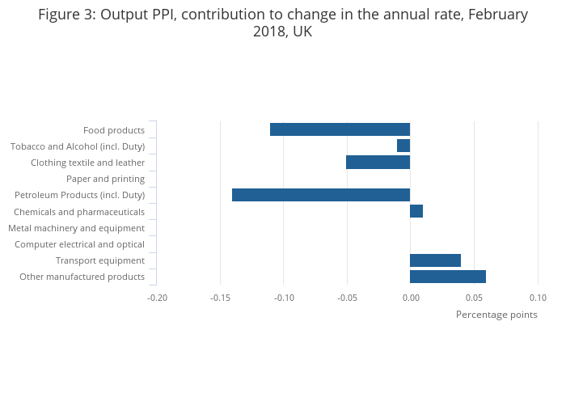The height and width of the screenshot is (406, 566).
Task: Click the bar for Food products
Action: (340, 129)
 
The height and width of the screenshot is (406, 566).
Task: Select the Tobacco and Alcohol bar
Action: (403, 146)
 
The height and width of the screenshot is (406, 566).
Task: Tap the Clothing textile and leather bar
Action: (378, 162)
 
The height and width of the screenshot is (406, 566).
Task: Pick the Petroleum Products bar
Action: (321, 195)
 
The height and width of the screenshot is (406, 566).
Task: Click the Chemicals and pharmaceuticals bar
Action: (416, 211)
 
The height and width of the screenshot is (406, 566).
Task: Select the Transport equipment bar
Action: (435, 260)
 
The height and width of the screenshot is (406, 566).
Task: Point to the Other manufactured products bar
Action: (448, 277)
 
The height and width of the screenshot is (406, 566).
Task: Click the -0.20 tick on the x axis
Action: (157, 298)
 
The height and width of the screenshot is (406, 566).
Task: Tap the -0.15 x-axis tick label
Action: (221, 298)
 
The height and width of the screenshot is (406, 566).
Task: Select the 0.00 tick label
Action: (411, 298)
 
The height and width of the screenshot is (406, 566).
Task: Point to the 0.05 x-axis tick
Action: (475, 298)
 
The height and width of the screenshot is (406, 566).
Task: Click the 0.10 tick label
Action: (538, 298)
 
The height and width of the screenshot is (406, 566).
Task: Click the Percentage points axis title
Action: (496, 315)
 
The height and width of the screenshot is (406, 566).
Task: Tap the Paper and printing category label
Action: (105, 179)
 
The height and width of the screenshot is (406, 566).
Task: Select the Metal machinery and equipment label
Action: (77, 228)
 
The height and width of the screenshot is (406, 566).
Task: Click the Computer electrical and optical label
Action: (79, 244)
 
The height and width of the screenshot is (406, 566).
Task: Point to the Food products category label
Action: (114, 130)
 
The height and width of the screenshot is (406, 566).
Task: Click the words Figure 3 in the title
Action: (66, 15)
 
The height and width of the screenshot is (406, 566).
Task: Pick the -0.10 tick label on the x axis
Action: (284, 298)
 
